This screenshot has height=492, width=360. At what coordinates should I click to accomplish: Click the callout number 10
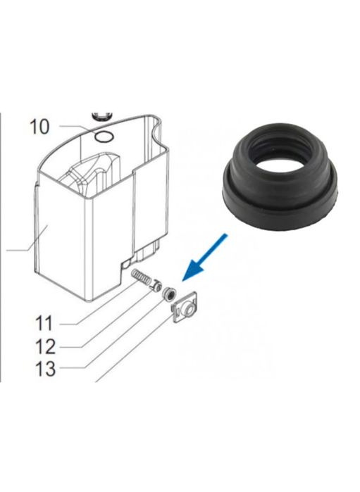(x=39, y=127)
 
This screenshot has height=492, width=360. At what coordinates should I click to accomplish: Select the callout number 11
(x=44, y=324)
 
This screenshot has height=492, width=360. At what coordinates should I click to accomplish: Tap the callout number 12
(x=45, y=346)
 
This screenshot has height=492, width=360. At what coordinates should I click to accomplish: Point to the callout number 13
(x=45, y=368)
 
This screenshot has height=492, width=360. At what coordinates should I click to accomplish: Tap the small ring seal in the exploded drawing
(x=169, y=294)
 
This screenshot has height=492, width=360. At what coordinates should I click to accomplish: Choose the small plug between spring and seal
(x=154, y=287)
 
